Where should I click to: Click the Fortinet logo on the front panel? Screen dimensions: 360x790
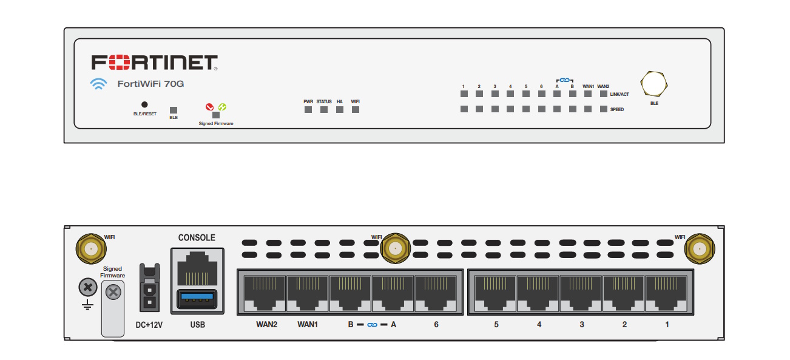(x=154, y=62)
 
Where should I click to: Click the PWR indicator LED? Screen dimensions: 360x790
(x=308, y=110)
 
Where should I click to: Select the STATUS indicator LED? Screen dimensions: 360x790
(x=324, y=110)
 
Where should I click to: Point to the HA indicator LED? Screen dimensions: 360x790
(x=340, y=110)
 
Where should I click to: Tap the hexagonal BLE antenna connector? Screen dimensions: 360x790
(x=654, y=83)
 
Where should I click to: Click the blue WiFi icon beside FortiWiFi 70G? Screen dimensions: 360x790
(x=98, y=84)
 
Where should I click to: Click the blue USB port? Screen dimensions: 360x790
(x=197, y=299)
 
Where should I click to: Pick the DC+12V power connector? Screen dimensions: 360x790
(x=149, y=288)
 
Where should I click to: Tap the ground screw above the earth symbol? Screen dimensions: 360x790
(x=89, y=286)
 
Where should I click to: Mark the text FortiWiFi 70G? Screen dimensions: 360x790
(x=150, y=84)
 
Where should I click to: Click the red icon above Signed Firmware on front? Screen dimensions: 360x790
(x=210, y=107)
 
